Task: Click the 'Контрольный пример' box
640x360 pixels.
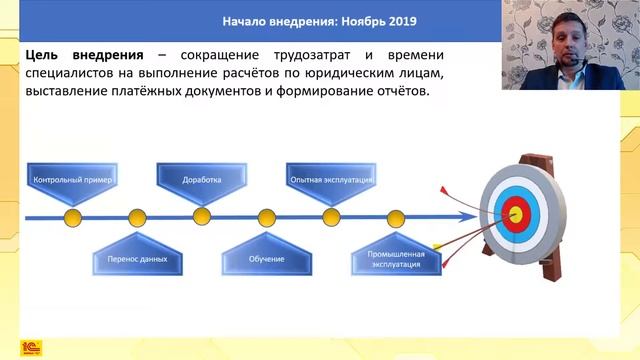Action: tap(74, 181)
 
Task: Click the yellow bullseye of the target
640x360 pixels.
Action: tap(516, 212)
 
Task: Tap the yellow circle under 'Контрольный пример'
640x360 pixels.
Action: tap(73, 216)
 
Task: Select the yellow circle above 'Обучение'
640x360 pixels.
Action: tap(266, 216)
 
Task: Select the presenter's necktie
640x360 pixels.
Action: tap(562, 79)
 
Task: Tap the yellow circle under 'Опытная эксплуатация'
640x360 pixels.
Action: tap(331, 216)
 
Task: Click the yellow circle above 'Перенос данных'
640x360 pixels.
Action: tap(138, 216)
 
